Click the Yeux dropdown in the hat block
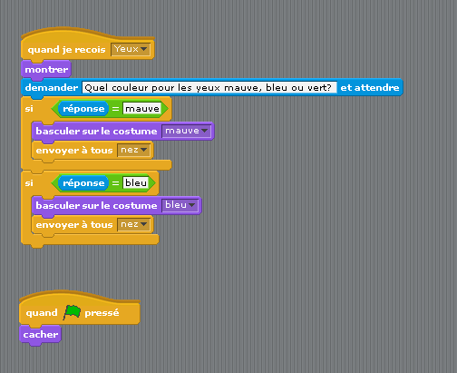click(131, 49)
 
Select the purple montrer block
click(46, 70)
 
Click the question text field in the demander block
click(209, 88)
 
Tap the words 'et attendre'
click(370, 88)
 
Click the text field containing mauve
click(142, 109)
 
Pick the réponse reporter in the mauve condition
click(83, 109)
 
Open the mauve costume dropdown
click(187, 131)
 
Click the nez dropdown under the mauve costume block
click(134, 150)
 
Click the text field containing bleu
click(136, 182)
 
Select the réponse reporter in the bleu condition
click(83, 183)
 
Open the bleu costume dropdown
click(180, 205)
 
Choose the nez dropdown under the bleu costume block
click(134, 224)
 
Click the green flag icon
click(72, 312)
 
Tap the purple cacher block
click(40, 335)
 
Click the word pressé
click(102, 313)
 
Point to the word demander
click(52, 88)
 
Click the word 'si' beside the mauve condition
click(29, 109)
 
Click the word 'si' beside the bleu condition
click(29, 183)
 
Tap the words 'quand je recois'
click(66, 50)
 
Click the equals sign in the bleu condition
click(115, 183)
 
